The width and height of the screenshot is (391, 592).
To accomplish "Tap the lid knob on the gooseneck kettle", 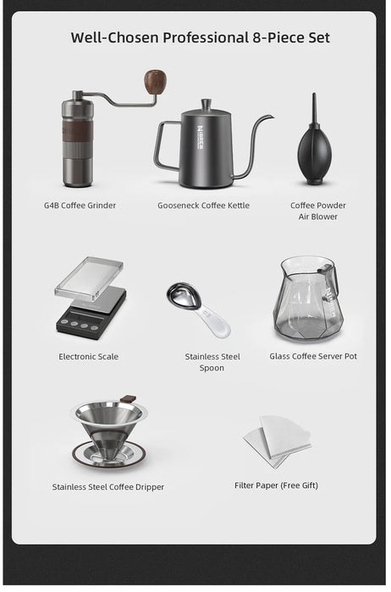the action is pyautogui.click(x=206, y=103).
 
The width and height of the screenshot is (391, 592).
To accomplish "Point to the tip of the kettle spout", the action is pyautogui.click(x=272, y=117).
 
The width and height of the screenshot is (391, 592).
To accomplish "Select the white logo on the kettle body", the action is pyautogui.click(x=201, y=138).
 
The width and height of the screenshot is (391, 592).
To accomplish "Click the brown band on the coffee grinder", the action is pyautogui.click(x=77, y=133).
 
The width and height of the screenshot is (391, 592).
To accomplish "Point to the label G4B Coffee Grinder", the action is pyautogui.click(x=80, y=206).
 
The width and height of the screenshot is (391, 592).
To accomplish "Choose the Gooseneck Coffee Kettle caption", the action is pyautogui.click(x=203, y=206).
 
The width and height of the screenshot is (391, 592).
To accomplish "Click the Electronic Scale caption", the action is pyautogui.click(x=88, y=356).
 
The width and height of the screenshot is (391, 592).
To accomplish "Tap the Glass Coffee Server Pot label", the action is pyautogui.click(x=313, y=356).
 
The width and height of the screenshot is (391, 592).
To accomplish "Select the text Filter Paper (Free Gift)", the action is pyautogui.click(x=276, y=485).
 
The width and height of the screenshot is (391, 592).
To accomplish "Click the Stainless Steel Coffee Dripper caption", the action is pyautogui.click(x=108, y=487).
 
